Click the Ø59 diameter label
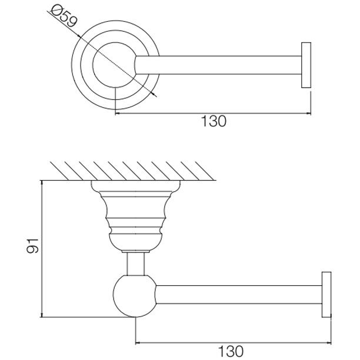[x=64, y=16]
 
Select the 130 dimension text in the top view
[x=214, y=121]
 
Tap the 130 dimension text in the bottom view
[x=230, y=351]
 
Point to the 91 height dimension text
[x=32, y=246]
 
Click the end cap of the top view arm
[x=306, y=65]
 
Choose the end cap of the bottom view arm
[x=326, y=295]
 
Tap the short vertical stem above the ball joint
[x=136, y=264]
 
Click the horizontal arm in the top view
[x=218, y=65]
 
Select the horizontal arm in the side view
[x=239, y=295]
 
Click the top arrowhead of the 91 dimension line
[x=42, y=183]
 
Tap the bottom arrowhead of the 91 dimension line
[x=42, y=315]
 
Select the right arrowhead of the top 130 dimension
[x=308, y=113]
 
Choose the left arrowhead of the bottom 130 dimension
[x=138, y=344]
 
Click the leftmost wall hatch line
[x=59, y=171]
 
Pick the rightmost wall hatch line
[x=204, y=171]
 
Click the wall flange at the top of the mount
[x=136, y=185]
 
